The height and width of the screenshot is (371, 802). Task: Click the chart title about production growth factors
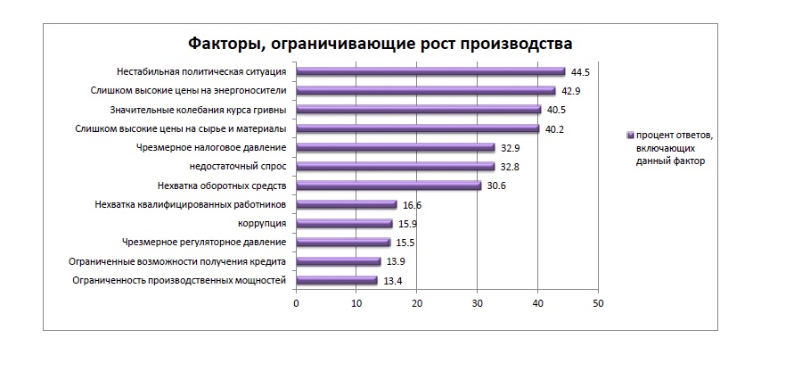click(379, 44)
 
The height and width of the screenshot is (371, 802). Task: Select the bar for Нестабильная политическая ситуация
click(430, 71)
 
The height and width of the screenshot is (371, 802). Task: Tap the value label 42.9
click(571, 91)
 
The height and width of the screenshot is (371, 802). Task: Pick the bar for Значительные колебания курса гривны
click(418, 110)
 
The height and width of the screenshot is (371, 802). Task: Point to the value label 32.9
click(511, 148)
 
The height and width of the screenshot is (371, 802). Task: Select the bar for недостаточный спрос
click(395, 167)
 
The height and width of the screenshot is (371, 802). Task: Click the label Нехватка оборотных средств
click(221, 185)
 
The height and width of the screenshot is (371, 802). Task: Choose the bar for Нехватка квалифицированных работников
click(346, 204)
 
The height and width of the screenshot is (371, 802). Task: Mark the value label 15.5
click(405, 243)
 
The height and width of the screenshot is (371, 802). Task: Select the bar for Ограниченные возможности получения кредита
click(338, 261)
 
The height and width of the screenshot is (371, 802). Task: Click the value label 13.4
click(393, 281)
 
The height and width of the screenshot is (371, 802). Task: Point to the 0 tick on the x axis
click(296, 304)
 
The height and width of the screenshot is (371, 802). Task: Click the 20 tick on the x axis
click(417, 304)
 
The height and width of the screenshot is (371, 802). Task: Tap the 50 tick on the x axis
click(598, 304)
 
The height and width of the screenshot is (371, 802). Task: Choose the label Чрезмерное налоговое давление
click(212, 147)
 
